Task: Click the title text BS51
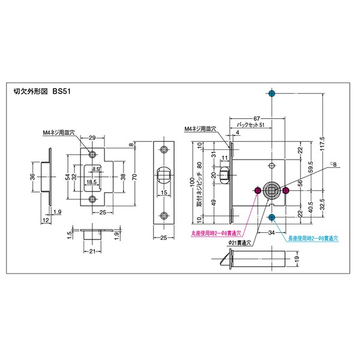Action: tap(62, 93)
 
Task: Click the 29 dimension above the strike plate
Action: tap(92, 139)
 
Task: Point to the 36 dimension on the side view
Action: tap(32, 176)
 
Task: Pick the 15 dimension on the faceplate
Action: tap(164, 193)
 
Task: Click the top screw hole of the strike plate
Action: tap(92, 154)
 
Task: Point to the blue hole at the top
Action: tap(272, 94)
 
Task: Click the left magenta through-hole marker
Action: tap(258, 191)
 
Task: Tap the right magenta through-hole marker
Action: tap(286, 191)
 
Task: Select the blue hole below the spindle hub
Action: tap(272, 217)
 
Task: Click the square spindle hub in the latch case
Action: tap(272, 191)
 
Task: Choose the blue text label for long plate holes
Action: tap(312, 238)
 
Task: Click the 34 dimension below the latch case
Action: tap(271, 233)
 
